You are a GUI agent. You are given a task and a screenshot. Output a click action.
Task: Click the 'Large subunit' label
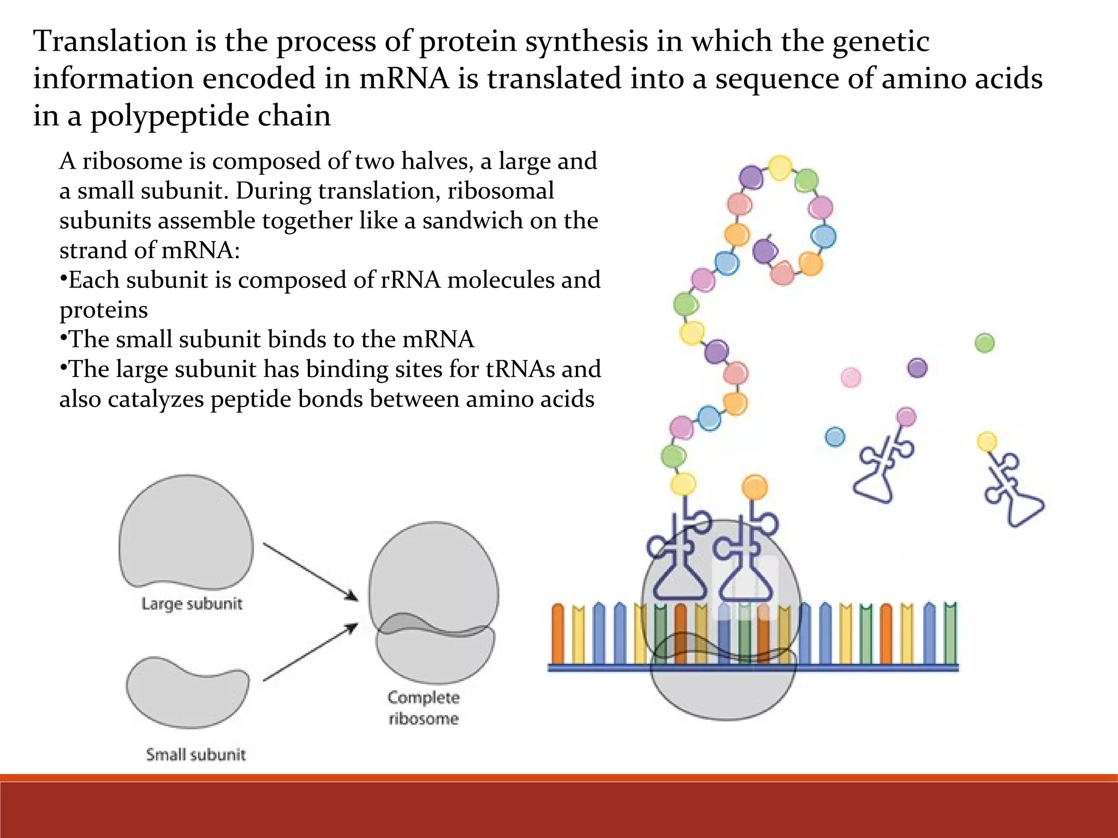pos(192,604)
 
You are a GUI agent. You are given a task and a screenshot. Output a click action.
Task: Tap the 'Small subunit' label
pos(195,755)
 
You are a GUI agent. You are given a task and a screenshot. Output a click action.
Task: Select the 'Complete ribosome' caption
pos(424,708)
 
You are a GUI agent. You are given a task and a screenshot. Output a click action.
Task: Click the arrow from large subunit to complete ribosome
pos(310,571)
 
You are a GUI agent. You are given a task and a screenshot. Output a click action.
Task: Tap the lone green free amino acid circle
pos(984,343)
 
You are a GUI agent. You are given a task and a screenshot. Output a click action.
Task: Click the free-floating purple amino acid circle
pos(917,368)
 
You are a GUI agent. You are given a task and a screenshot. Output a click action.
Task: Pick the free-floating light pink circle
pos(851,377)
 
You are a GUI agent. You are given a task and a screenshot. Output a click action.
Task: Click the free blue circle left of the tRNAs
pos(835,436)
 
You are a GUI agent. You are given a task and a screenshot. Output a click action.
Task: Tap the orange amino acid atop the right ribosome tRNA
pos(755,487)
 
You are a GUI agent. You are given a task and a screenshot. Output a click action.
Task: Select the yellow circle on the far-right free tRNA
pos(986,441)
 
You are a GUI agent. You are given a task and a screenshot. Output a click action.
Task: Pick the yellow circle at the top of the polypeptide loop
pos(780,167)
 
